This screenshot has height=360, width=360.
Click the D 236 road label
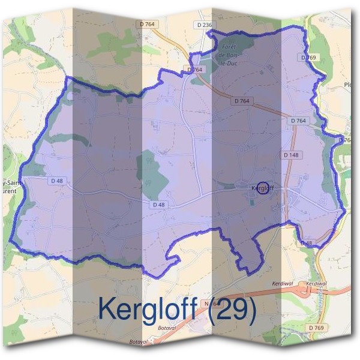pos(204,25)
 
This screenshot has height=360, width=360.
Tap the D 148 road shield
pos(290,155)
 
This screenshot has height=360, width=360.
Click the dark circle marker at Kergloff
pos(262,188)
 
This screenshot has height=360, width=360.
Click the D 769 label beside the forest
pos(307,57)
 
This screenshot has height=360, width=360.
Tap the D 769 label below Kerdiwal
pos(316,328)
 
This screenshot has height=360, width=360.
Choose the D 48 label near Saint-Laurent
pos(58,180)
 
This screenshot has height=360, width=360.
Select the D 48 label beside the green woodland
pos(159,205)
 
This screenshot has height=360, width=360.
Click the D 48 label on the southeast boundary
pos(306,243)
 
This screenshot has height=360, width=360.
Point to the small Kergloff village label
pos(262,188)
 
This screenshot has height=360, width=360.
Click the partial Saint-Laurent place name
pos(12,185)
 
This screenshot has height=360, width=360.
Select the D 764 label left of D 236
pos(147,24)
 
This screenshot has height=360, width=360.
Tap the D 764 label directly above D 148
pos(298,121)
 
